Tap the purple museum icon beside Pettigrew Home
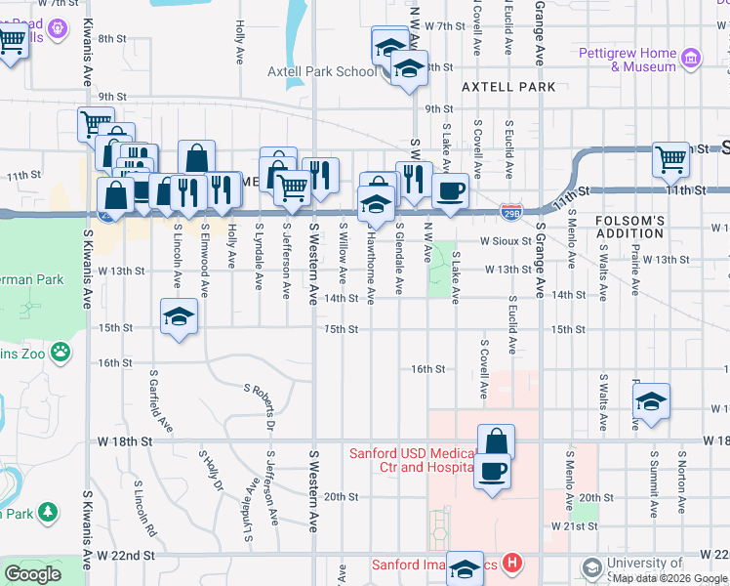click(x=692, y=59)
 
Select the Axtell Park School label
click(x=322, y=71)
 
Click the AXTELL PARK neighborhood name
click(x=507, y=87)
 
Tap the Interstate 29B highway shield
click(x=510, y=210)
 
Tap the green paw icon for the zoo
click(x=61, y=349)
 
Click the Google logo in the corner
click(x=32, y=574)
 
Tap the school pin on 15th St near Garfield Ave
click(x=179, y=316)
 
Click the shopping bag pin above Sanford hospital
click(x=496, y=440)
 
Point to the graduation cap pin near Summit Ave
click(x=651, y=400)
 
